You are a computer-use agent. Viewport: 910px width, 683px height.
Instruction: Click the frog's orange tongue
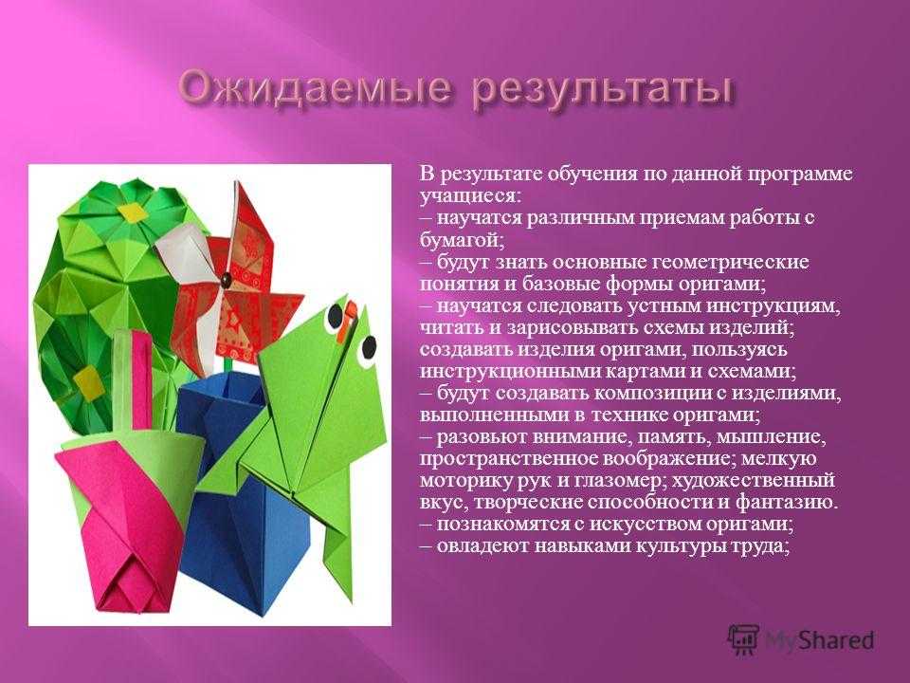click(347, 318)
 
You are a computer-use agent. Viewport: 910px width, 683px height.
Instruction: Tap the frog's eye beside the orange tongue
click(335, 316)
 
